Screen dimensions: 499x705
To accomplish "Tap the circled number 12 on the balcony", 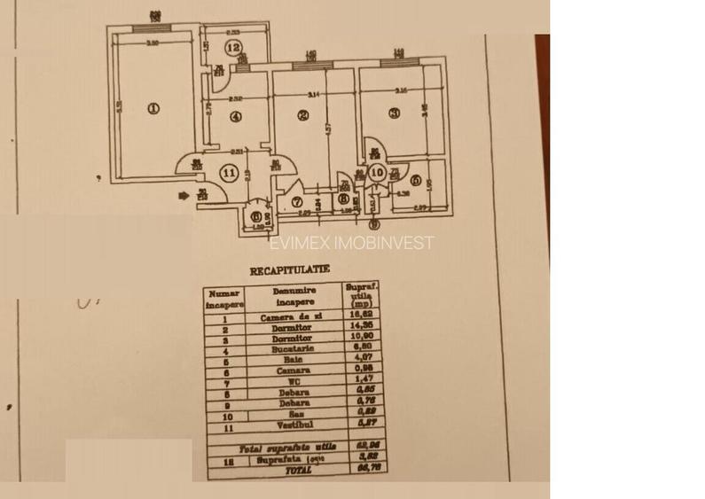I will click(x=233, y=48).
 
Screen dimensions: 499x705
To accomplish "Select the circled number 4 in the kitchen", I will click(x=235, y=115).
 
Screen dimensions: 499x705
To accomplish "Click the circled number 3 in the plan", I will click(x=395, y=112).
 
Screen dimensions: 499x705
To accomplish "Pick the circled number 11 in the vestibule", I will click(x=230, y=173).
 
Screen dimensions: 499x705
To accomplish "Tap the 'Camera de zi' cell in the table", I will click(x=289, y=316).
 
